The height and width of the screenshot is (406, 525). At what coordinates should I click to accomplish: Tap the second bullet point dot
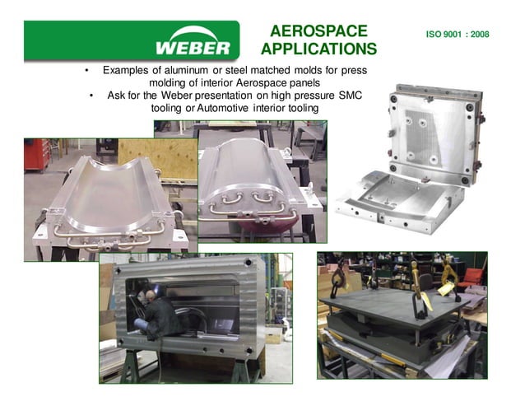point(92,96)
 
